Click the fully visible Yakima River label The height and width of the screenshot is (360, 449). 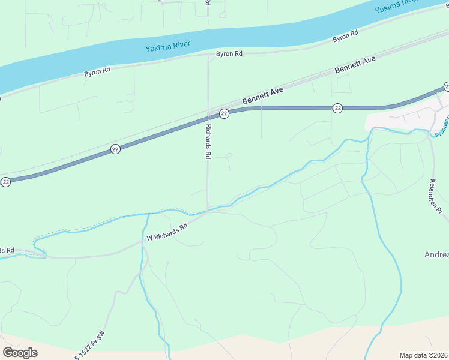(x=169, y=48)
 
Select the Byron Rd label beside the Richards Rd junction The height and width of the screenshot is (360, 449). (x=229, y=54)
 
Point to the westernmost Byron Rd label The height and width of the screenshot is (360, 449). (x=97, y=71)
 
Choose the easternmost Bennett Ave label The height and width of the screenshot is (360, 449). (x=355, y=65)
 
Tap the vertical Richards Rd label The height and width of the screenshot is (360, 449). (x=208, y=142)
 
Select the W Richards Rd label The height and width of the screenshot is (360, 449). (x=167, y=233)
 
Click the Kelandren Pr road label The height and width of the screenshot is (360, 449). (x=436, y=197)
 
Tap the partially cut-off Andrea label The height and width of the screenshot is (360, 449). (x=436, y=254)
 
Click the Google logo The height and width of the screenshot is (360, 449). (x=20, y=353)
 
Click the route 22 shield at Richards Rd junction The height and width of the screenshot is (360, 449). (x=223, y=113)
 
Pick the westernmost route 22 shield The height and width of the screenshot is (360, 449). (x=5, y=181)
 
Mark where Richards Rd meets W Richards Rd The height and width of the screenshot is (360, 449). (x=208, y=211)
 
